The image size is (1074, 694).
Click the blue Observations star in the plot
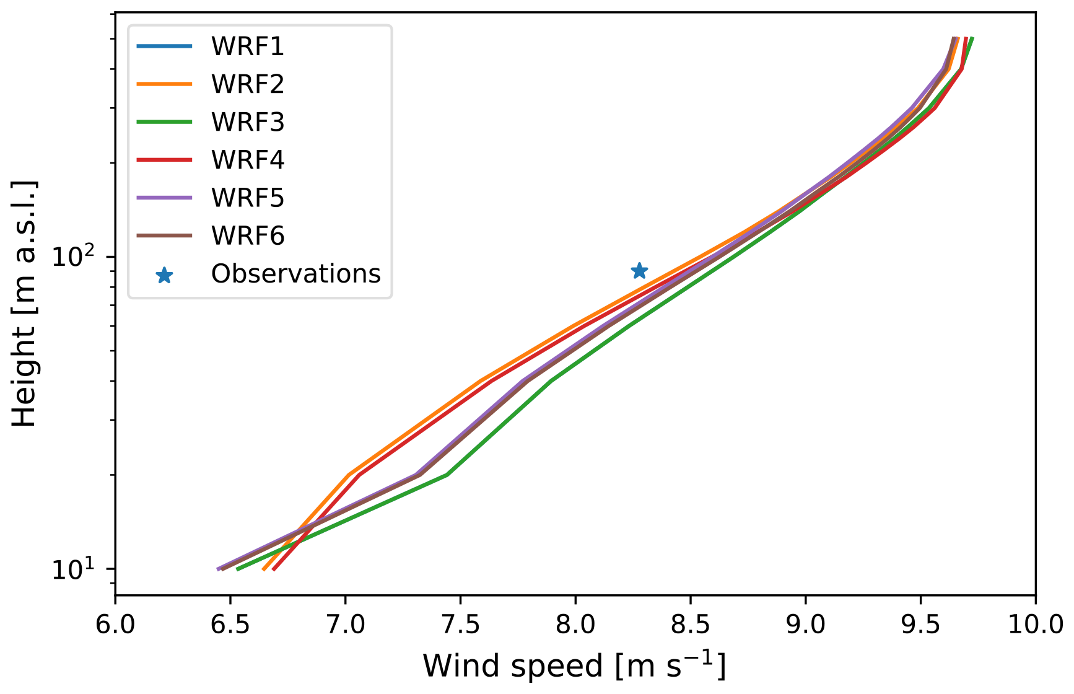pos(639,271)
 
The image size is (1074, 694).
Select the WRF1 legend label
pos(247,46)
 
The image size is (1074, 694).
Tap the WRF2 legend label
pos(247,84)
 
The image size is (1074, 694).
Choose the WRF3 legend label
pos(247,122)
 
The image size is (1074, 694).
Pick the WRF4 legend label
pos(247,160)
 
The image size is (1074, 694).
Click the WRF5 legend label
pos(247,198)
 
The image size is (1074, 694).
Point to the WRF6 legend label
pos(247,235)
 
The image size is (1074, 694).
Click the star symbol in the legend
pos(164,275)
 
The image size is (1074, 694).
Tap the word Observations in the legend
pos(295,273)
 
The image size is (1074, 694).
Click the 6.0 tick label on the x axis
pos(115,624)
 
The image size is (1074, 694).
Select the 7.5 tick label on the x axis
pos(460,624)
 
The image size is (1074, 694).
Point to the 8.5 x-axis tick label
pos(690,624)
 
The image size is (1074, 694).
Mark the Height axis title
pos(25,304)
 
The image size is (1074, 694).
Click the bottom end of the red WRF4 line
pos(274,569)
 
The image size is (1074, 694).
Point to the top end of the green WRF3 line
pos(972,38)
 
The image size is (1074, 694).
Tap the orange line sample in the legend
pos(164,84)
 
